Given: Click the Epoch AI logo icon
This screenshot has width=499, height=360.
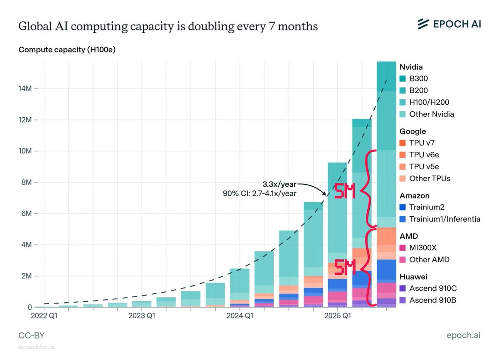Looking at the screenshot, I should pos(423,24).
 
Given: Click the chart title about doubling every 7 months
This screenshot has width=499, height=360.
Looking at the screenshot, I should pos(168,27).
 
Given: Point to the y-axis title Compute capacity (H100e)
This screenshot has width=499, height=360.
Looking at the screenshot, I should pos(67,50).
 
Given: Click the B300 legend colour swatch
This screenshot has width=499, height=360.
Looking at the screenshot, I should pos(403,79).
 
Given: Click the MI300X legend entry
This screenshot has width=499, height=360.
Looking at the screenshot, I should pos(423,248).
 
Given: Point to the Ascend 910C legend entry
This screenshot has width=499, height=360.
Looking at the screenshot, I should pos(432,288).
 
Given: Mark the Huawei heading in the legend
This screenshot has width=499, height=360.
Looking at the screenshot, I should pos(413,276).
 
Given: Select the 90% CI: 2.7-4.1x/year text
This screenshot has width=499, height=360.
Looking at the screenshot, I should pos(260,193).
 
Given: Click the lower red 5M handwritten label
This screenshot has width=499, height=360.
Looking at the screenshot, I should pos(345,268).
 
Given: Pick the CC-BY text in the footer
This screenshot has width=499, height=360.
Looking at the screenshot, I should pos(32,335).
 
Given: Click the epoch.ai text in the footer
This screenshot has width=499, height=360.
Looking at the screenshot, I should pos(463,335).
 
